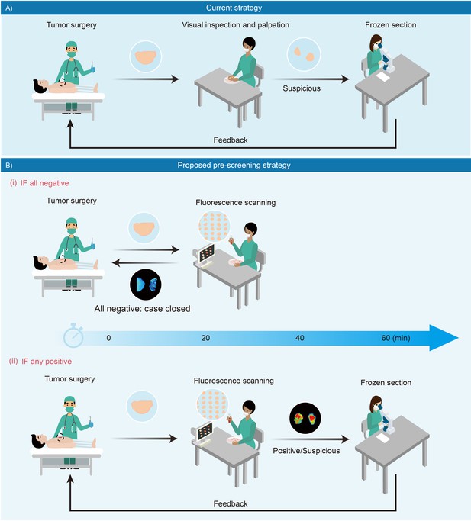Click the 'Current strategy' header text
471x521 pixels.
(234, 8)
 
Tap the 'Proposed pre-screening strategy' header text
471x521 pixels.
(234, 165)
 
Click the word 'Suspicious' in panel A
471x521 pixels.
(302, 88)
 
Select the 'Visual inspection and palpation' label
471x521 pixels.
(235, 25)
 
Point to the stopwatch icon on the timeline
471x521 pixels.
(73, 336)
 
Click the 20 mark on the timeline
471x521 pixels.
(205, 338)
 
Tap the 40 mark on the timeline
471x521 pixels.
(300, 338)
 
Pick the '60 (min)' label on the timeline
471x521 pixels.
(395, 338)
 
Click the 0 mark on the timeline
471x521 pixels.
(108, 338)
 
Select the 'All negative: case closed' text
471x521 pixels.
(142, 309)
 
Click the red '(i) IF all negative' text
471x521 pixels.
(39, 183)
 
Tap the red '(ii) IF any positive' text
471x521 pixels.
(40, 361)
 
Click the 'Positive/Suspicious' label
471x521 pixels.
(306, 451)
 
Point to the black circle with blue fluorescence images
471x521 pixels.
(146, 285)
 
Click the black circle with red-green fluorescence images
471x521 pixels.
(305, 419)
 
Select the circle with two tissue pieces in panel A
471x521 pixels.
(304, 54)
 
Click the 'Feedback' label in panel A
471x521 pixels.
(231, 140)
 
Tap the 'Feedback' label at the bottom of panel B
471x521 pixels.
(231, 503)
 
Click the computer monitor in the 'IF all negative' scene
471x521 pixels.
(206, 252)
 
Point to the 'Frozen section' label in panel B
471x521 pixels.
(386, 382)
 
